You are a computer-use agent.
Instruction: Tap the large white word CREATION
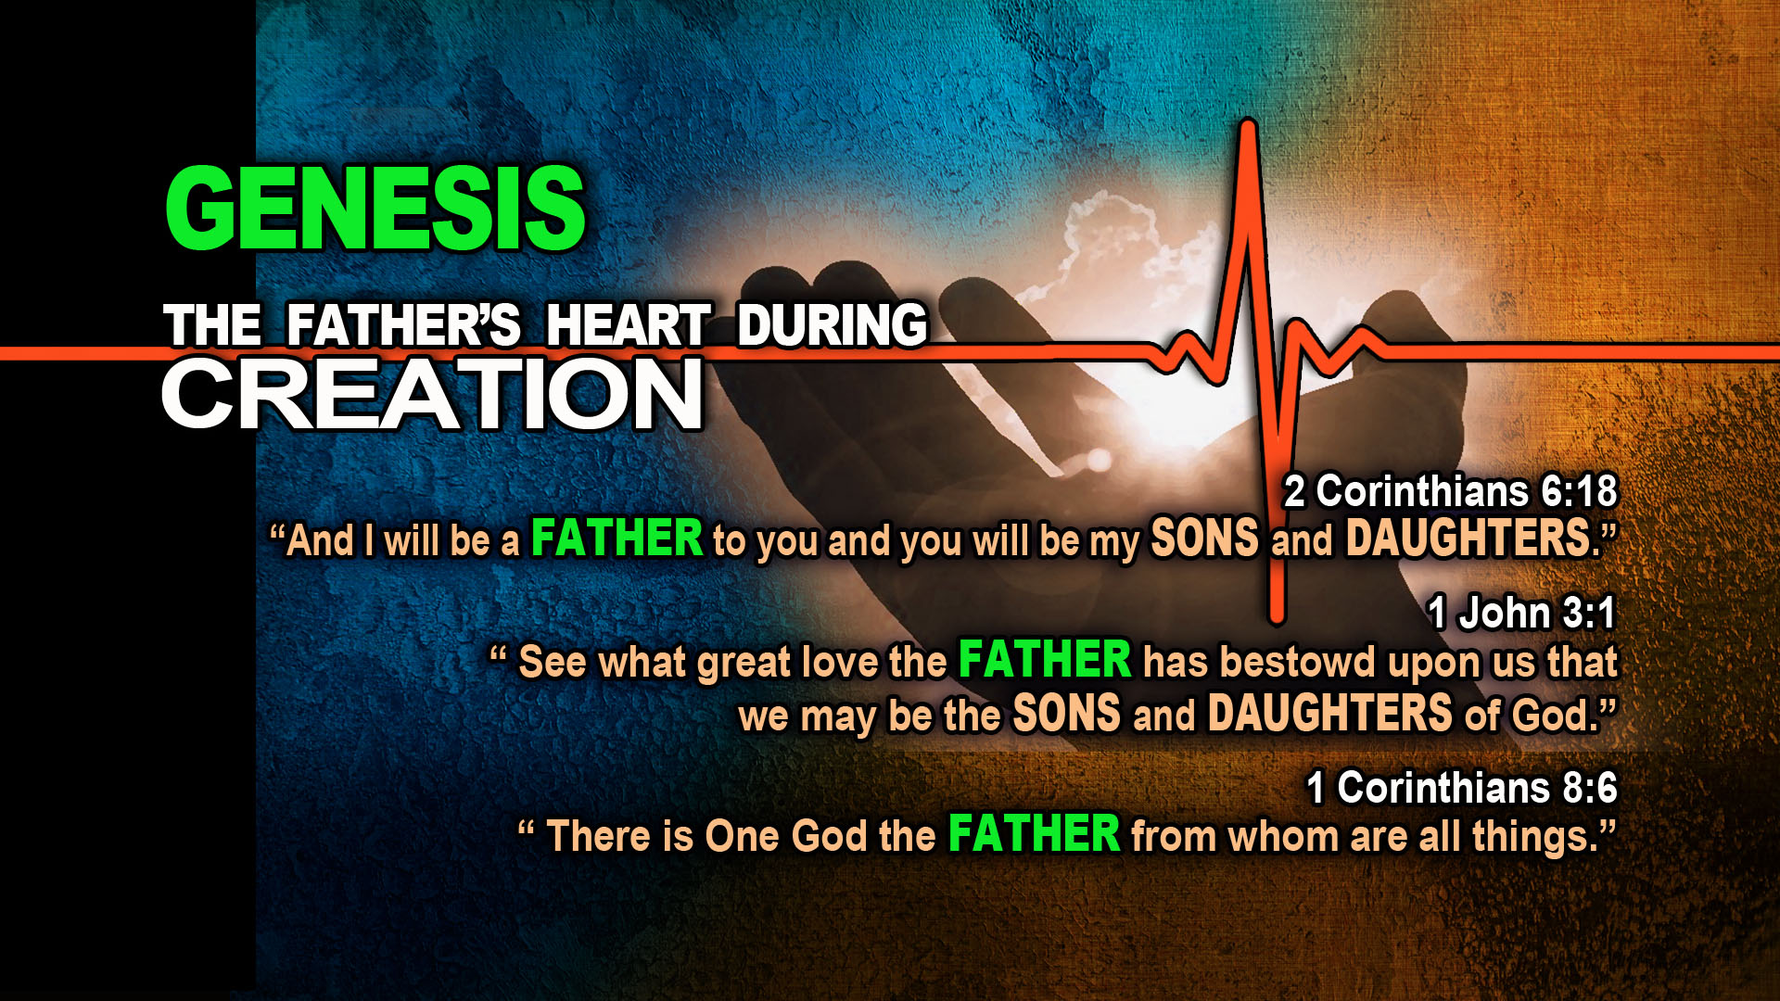[433, 395]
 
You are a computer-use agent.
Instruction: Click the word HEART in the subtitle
[629, 325]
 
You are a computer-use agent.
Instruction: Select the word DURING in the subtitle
[833, 325]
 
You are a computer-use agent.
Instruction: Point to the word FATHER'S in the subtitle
[404, 325]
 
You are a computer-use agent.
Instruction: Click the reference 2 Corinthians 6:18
[1451, 491]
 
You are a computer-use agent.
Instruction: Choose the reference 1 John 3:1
[1523, 613]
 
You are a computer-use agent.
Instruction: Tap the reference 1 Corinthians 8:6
[1462, 788]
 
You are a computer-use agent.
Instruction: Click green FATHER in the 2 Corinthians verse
[617, 539]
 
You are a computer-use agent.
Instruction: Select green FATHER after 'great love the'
[1045, 660]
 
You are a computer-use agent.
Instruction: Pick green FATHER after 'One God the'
[1035, 833]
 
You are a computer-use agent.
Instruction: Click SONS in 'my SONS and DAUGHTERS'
[1205, 539]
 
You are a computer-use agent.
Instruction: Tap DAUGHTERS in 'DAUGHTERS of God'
[1330, 714]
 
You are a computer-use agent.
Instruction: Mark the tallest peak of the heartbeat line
[1248, 123]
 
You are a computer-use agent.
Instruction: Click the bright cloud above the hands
[1112, 246]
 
